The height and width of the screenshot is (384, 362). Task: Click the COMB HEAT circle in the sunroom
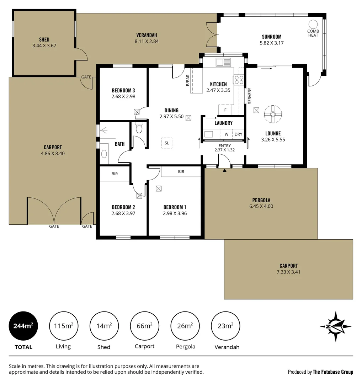click(313, 24)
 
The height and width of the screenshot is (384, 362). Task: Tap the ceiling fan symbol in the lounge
click(273, 114)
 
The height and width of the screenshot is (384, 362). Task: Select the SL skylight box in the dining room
click(167, 143)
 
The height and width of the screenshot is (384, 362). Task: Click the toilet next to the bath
click(139, 128)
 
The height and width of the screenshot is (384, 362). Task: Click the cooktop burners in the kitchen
click(238, 80)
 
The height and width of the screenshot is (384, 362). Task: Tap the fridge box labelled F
click(225, 110)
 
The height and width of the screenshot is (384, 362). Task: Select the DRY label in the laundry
click(238, 134)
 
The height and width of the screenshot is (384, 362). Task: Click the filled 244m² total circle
click(23, 326)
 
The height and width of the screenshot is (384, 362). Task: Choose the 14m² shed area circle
click(104, 326)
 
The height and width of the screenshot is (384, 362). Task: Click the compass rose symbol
click(335, 326)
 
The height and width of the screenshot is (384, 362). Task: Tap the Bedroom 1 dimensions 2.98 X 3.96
click(175, 213)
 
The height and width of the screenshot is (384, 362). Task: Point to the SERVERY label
click(250, 96)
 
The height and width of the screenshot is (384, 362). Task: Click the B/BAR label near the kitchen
click(188, 80)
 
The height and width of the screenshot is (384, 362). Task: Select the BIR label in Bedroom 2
click(115, 174)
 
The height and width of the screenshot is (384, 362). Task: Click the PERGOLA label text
click(261, 200)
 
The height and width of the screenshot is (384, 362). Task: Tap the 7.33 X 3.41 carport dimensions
click(288, 272)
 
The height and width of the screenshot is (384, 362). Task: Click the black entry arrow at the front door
click(224, 171)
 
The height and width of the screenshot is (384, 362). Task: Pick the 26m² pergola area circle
click(185, 326)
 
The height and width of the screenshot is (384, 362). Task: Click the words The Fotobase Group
click(333, 372)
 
